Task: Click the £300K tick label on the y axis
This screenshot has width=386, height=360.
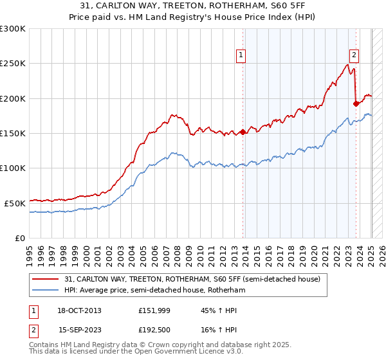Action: coord(13,29)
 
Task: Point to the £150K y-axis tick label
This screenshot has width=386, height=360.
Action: coord(13,133)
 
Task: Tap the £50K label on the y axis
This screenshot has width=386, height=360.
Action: coord(15,203)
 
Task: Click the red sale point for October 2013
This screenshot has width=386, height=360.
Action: coord(243,132)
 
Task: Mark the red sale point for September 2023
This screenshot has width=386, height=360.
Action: coord(356,103)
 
